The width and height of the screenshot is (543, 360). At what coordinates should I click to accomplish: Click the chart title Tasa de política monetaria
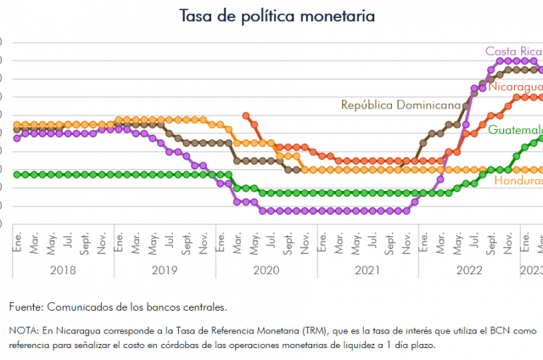tap(277, 16)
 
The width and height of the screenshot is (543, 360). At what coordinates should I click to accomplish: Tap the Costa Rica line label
tap(513, 51)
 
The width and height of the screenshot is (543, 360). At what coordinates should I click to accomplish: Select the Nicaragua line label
tap(513, 87)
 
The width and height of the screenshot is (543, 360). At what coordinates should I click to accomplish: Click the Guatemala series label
tap(515, 131)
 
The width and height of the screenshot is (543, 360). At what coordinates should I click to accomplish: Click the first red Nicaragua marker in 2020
tap(245, 115)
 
